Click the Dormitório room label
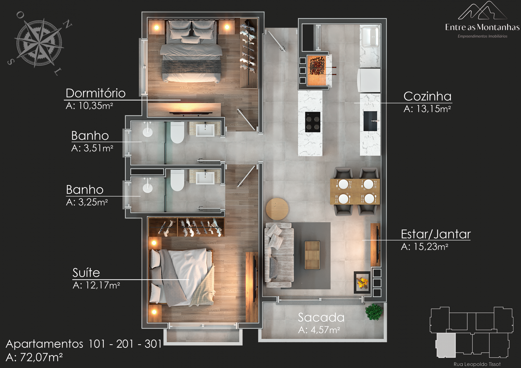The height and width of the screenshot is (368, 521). tap(95, 93)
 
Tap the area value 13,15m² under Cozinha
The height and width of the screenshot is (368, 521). tap(433, 109)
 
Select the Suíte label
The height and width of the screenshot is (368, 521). tap(86, 272)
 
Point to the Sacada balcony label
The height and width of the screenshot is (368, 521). tap(321, 317)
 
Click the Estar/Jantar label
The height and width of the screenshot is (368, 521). tap(436, 234)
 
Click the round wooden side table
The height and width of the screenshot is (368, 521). tap(277, 209)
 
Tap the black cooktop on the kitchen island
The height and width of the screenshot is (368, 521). tap(313, 122)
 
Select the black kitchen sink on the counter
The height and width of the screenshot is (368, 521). tap(370, 121)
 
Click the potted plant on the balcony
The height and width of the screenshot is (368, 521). tap(374, 312)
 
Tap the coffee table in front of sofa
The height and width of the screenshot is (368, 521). tap(312, 255)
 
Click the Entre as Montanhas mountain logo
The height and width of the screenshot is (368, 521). tap(482, 10)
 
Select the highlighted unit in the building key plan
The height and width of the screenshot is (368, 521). tap(446, 345)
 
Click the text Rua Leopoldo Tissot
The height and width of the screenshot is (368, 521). tap(477, 364)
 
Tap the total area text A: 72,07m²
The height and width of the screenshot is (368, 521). tap(34, 357)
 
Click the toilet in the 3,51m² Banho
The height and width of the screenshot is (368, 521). tap(177, 132)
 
